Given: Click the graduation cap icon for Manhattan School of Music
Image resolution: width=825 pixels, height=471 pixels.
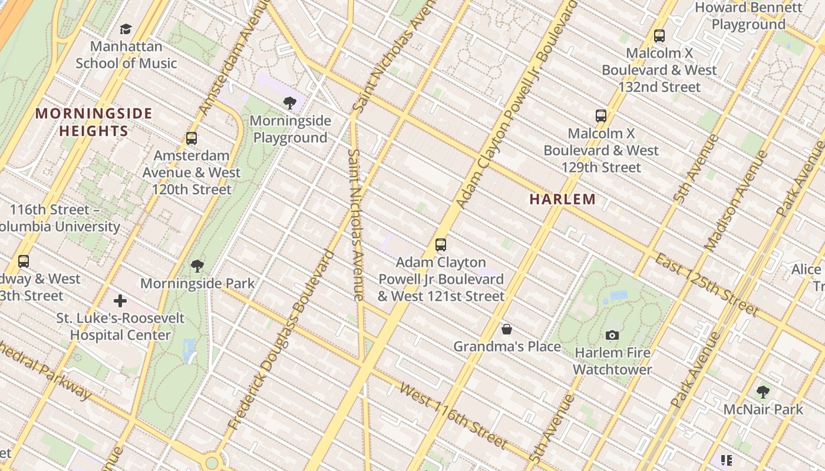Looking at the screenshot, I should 126,29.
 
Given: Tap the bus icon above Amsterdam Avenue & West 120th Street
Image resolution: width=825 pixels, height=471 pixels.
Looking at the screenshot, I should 192,138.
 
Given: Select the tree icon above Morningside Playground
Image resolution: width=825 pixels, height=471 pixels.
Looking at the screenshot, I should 289,104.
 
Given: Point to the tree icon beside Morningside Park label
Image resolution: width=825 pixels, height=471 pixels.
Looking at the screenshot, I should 197,266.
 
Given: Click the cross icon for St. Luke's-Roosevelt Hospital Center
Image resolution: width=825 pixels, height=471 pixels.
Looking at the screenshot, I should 120,301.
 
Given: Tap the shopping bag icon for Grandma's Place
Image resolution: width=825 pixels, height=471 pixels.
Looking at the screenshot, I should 506,329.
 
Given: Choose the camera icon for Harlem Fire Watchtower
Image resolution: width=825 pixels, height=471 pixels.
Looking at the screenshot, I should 612,335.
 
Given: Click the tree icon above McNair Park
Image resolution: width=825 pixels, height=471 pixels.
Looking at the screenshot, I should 763,392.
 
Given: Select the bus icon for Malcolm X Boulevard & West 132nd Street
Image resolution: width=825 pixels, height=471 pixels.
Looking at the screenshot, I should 659,36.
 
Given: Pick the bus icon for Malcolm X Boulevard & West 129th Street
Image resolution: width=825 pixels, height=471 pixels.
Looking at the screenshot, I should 601,116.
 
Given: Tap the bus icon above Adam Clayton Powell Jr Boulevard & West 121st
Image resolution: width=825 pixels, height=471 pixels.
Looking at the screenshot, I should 441,245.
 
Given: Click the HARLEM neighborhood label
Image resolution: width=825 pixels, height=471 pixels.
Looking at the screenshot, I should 562,199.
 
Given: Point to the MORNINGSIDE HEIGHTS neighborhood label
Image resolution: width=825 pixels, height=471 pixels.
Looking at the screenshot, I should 94,122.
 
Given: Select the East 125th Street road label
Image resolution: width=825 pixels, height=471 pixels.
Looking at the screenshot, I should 707,285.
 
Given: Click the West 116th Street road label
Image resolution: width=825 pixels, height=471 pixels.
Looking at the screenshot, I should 453,414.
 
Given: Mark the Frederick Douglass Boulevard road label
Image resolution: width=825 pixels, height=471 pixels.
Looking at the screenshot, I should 280,340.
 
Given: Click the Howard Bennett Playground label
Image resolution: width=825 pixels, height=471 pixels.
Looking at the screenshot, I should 748,16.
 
